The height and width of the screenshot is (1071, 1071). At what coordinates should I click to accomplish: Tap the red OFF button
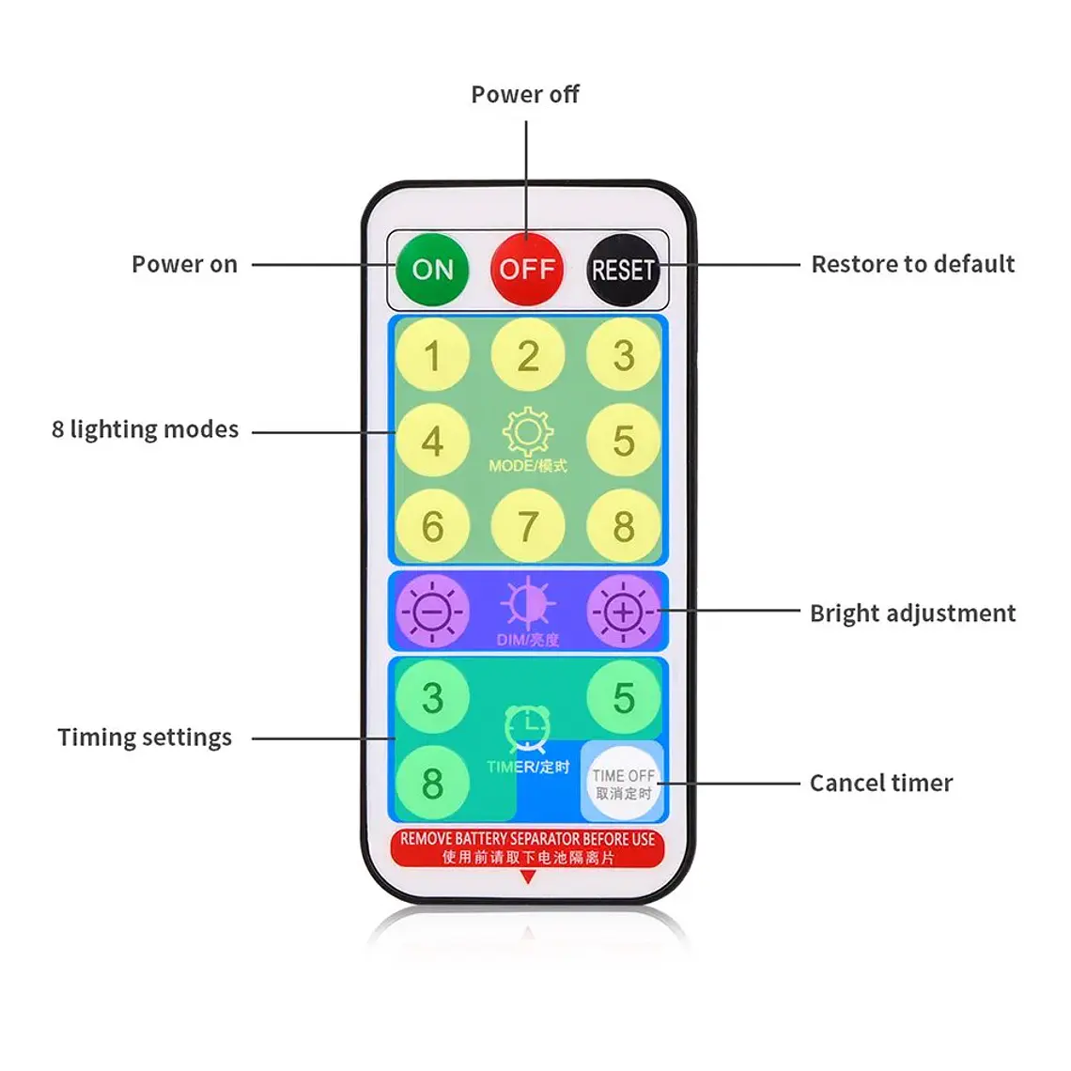527,269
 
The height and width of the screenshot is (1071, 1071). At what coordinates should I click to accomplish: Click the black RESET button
623,270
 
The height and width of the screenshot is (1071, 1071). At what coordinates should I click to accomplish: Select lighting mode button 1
432,355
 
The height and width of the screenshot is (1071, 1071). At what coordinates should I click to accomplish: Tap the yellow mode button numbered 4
432,441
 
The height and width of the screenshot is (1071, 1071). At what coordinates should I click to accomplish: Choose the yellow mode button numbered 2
528,355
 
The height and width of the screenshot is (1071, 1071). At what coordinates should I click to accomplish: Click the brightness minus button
432,612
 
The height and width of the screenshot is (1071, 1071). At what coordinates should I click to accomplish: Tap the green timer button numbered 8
432,783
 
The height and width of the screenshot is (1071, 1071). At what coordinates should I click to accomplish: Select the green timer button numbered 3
432,697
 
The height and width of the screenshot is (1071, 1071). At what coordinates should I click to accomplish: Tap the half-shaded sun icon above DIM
528,604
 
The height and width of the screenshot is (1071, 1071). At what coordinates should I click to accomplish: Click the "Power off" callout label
525,94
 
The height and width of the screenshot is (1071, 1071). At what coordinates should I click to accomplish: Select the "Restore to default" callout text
912,264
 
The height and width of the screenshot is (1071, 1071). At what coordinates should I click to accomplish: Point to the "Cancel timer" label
881,783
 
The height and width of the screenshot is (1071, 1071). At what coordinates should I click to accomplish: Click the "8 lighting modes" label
145,429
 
